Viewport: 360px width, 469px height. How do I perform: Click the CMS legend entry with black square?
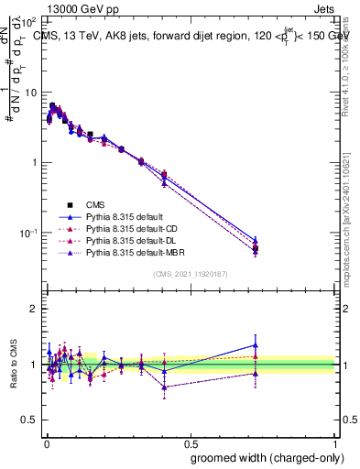97,204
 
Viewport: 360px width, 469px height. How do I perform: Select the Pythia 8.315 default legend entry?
122,216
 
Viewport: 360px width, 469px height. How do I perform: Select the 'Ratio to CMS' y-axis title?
13,364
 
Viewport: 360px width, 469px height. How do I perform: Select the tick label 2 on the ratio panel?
33,309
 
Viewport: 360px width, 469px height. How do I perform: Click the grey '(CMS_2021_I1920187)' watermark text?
190,274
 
